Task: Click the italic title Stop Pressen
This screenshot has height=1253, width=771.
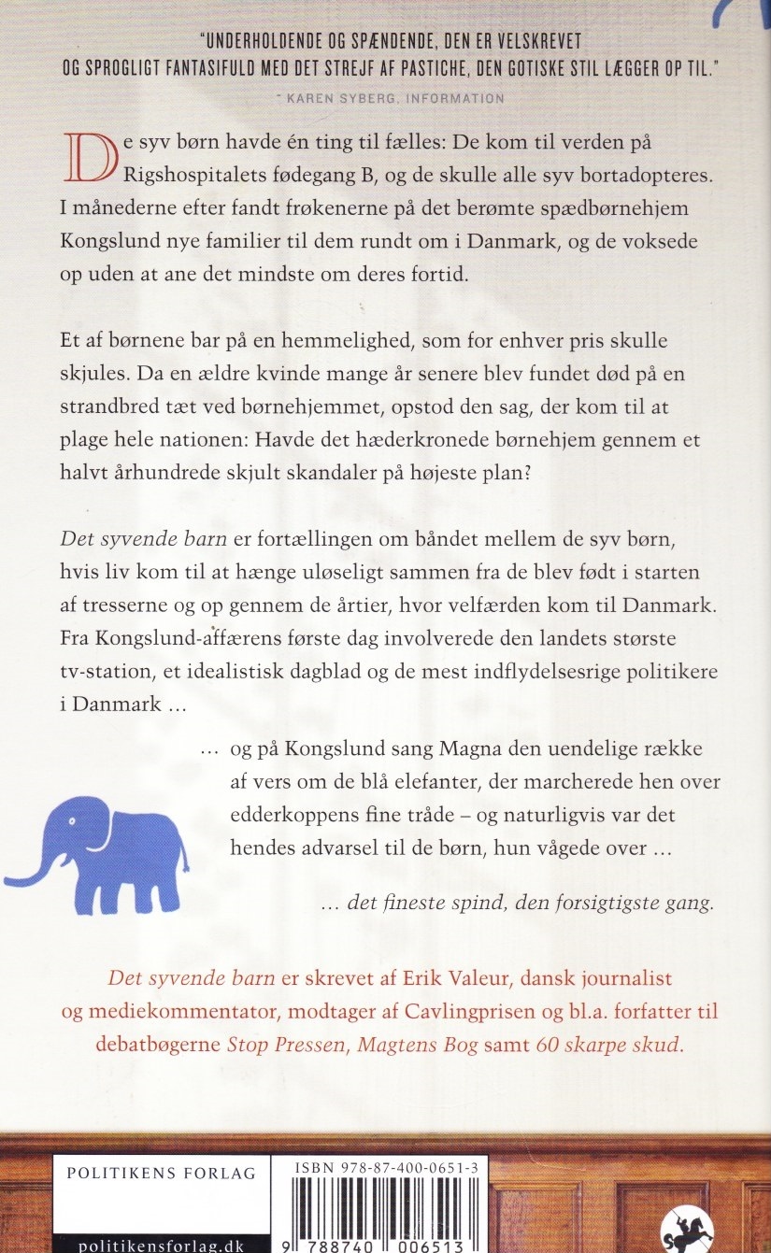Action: point(288,1045)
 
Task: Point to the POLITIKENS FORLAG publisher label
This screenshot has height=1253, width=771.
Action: point(161,1175)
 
